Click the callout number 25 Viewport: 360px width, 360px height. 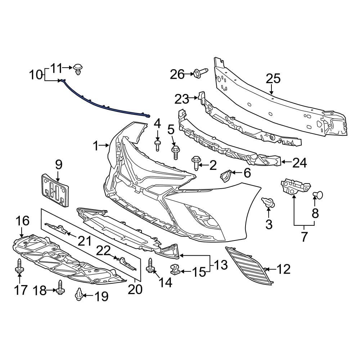[x=273, y=78]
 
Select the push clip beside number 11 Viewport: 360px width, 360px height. [x=78, y=69]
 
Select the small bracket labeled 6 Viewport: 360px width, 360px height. [x=225, y=175]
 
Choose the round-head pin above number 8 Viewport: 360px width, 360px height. [x=318, y=195]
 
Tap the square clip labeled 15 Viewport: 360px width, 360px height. [x=175, y=269]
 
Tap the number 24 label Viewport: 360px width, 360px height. [x=300, y=163]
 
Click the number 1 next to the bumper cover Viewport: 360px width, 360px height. [x=95, y=146]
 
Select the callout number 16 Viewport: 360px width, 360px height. [x=22, y=220]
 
